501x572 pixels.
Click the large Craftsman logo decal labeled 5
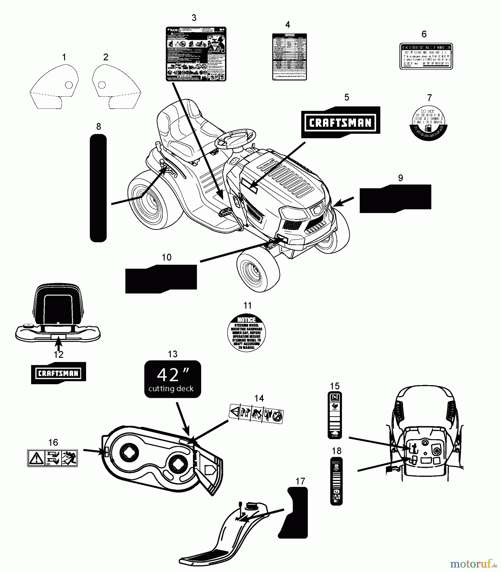[x=340, y=122]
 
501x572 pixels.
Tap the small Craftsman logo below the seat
[x=58, y=373]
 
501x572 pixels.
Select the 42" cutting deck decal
[x=173, y=379]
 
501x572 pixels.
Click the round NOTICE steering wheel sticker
[x=247, y=333]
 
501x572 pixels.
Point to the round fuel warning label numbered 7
[x=428, y=122]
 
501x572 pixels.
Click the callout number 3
[x=194, y=18]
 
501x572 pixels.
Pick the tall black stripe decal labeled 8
[x=98, y=187]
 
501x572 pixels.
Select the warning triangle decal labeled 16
[x=52, y=458]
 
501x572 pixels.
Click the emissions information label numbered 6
[x=426, y=56]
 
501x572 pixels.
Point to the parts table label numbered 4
[x=289, y=57]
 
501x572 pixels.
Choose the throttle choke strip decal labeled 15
[x=335, y=415]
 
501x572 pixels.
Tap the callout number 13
[x=173, y=354]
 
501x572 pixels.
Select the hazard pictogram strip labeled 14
[x=256, y=414]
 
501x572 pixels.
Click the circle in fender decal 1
[x=69, y=85]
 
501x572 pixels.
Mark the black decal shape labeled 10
[x=161, y=279]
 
